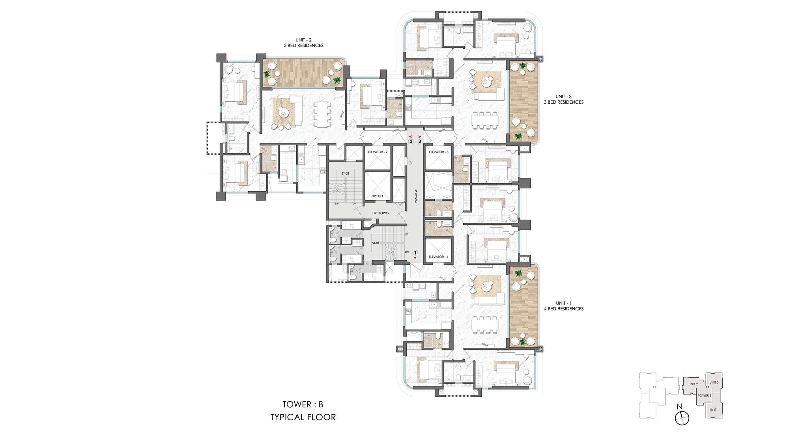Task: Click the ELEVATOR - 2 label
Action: coord(378,152)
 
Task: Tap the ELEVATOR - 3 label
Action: coord(438,152)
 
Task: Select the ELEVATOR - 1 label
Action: coord(438,257)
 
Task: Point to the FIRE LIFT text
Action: coord(377,196)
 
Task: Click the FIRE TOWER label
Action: coord(381,213)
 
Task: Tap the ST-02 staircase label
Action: coord(345,173)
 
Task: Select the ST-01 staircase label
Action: coord(375,243)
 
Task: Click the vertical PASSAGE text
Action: coord(416,196)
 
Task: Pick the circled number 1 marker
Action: coord(415,253)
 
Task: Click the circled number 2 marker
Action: coord(411,141)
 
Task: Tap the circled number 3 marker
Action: coord(420,141)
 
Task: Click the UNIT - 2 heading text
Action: coord(303,40)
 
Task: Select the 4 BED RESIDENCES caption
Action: coord(563,309)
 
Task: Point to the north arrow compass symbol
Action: coord(682,417)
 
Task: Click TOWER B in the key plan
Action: coord(704,395)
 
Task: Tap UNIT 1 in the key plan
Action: coord(714,410)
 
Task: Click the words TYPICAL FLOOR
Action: coord(303,417)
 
